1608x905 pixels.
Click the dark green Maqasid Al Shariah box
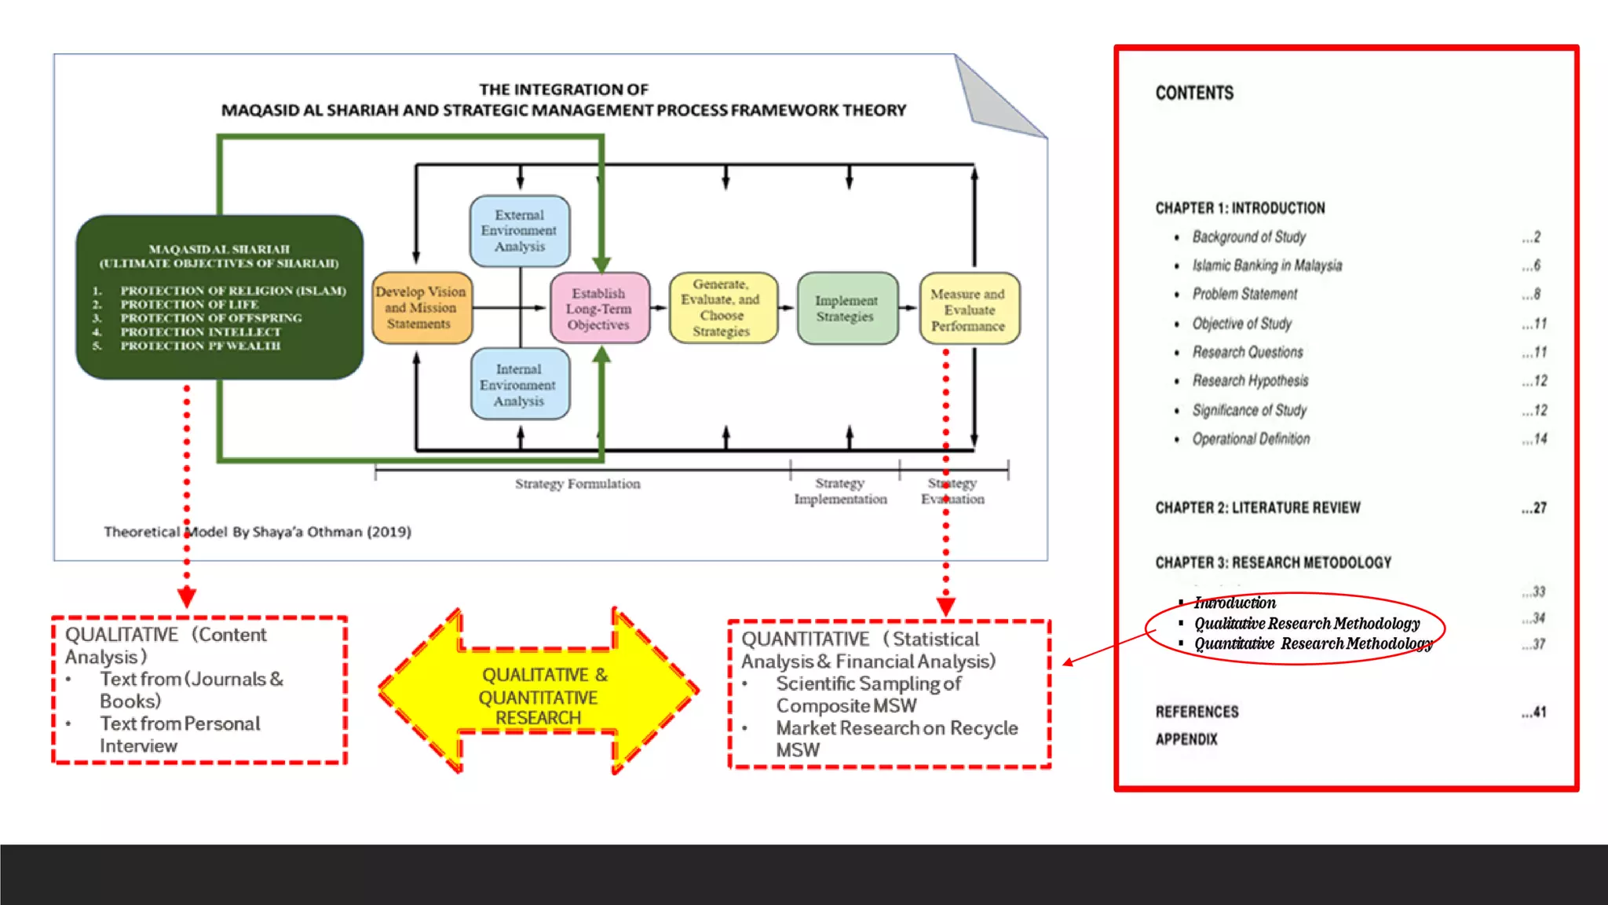tap(219, 297)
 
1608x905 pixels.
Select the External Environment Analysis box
tap(519, 231)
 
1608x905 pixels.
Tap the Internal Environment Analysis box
tap(519, 385)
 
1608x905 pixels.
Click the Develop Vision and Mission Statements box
tap(422, 308)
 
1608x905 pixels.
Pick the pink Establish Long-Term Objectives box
tap(599, 309)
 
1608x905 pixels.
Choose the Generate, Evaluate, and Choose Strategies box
tap(722, 308)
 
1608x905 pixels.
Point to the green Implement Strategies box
tap(846, 308)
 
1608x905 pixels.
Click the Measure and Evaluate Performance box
tap(968, 309)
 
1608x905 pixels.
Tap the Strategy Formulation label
tap(578, 484)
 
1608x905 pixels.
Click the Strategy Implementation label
tap(840, 491)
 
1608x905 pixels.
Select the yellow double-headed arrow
tap(539, 691)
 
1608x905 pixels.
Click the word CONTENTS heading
tap(1194, 93)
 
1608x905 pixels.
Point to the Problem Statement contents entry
tap(1244, 295)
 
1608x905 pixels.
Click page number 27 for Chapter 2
tap(1535, 508)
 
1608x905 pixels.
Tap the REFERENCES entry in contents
tap(1197, 712)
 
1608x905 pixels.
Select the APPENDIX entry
tap(1186, 739)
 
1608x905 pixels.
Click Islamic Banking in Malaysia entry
tap(1266, 266)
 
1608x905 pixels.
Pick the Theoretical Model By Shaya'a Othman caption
tap(258, 532)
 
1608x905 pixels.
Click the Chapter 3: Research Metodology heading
tap(1273, 562)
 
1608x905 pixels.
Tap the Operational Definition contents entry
tap(1251, 439)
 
